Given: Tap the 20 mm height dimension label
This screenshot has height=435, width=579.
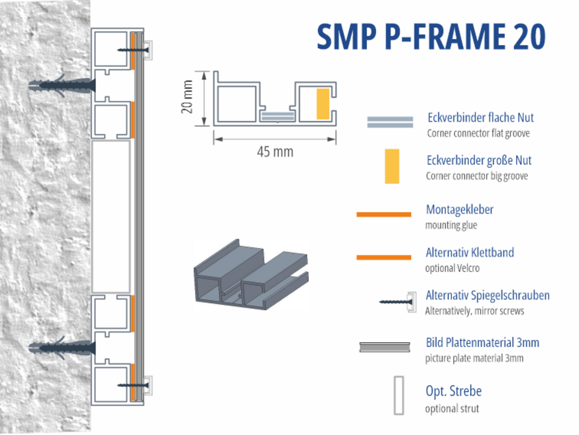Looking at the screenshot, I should click(x=187, y=97).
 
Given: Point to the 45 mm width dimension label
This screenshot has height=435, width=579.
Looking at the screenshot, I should click(x=275, y=152).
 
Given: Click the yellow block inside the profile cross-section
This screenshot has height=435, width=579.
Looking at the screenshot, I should click(x=323, y=104).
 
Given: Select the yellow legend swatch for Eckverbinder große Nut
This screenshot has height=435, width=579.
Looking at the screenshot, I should click(x=392, y=166).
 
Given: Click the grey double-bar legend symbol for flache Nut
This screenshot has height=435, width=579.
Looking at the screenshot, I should click(x=390, y=122).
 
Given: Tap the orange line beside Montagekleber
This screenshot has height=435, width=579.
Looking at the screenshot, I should click(x=384, y=214).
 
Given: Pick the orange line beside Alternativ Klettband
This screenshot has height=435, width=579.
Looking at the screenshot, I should click(x=384, y=257).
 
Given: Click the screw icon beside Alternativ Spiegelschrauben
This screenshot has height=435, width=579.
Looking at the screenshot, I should click(x=397, y=302).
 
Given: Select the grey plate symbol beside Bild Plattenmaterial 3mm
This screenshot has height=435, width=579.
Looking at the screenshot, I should click(x=385, y=347).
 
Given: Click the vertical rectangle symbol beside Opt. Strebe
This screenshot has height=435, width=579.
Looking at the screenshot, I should click(x=399, y=395).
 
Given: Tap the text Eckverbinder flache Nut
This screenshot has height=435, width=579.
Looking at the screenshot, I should click(x=480, y=118).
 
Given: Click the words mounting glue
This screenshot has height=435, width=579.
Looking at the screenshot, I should click(x=451, y=225).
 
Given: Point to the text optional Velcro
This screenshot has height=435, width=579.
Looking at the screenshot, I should click(x=452, y=268).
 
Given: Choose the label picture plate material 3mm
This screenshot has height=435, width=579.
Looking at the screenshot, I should click(x=474, y=358).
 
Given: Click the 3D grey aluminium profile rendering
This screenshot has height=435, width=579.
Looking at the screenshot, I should click(x=251, y=274).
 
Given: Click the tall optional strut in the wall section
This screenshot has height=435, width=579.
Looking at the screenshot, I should click(x=111, y=217).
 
